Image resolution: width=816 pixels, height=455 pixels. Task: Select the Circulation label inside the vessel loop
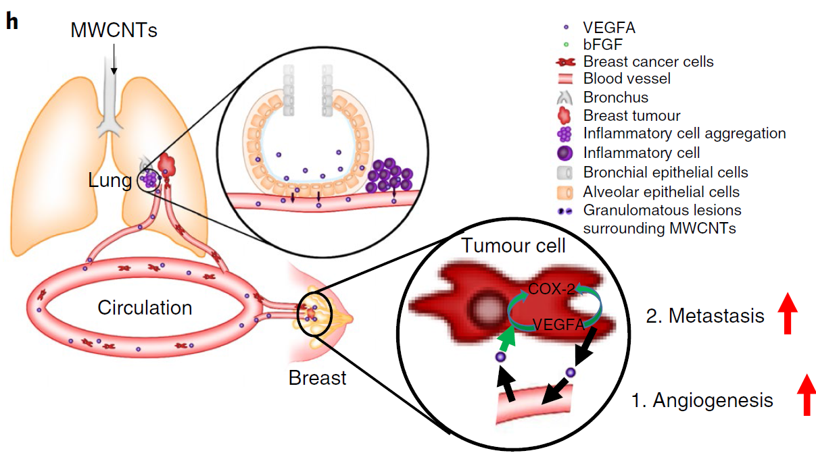(x=145, y=308)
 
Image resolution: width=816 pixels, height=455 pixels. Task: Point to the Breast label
(x=317, y=377)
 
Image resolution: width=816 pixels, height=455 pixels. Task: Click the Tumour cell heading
(x=514, y=245)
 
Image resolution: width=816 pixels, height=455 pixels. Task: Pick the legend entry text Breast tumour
(x=631, y=116)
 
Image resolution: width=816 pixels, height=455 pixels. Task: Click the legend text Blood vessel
(x=627, y=79)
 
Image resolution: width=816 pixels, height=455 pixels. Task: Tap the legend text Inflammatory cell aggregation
(x=684, y=134)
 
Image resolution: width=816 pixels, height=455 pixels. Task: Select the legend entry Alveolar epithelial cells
(x=661, y=192)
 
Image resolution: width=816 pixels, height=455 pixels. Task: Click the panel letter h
(x=11, y=21)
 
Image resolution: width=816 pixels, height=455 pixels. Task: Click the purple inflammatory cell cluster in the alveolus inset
(x=390, y=176)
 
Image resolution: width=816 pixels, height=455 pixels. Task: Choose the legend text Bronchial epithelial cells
(x=665, y=172)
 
